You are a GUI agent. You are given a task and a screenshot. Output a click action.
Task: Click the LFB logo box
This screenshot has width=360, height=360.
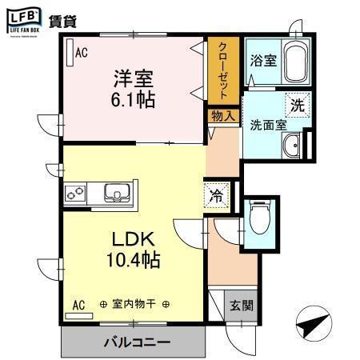click(x=22, y=18)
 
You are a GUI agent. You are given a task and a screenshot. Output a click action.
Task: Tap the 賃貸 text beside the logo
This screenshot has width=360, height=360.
click(x=63, y=21)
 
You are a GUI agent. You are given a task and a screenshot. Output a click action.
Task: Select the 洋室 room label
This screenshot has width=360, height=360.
click(x=132, y=79)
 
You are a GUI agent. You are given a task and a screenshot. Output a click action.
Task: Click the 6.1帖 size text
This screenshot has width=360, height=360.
click(x=133, y=100)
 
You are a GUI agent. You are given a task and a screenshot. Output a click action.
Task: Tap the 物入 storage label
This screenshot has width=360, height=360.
click(x=222, y=117)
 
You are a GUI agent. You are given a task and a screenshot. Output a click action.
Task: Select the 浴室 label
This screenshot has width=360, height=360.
click(x=262, y=59)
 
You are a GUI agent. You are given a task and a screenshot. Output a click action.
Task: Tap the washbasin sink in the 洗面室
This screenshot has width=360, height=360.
click(x=294, y=146)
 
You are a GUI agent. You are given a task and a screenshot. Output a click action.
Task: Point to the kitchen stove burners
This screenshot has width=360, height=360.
click(x=76, y=193)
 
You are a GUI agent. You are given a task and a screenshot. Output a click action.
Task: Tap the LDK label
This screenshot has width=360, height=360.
click(x=131, y=238)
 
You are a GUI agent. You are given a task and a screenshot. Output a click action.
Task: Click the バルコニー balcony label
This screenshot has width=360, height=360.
click(x=135, y=343)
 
